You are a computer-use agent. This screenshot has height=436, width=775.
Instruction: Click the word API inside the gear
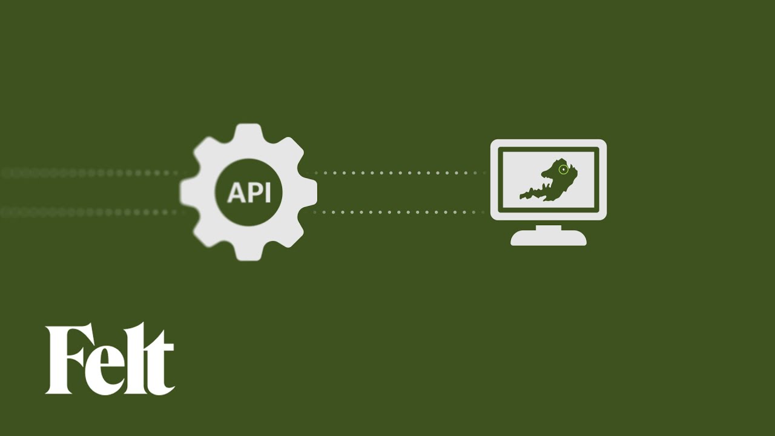pyautogui.click(x=248, y=193)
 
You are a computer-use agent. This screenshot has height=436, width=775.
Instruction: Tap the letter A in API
pyautogui.click(x=235, y=193)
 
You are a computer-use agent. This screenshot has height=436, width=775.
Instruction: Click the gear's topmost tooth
pyautogui.click(x=248, y=131)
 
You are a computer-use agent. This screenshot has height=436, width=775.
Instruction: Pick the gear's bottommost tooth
pyautogui.click(x=248, y=253)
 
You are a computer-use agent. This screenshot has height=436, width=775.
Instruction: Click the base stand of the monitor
pyautogui.click(x=549, y=239)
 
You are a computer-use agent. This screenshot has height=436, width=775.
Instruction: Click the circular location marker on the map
pyautogui.click(x=564, y=170)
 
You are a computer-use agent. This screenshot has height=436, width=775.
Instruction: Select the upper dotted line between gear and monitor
pyautogui.click(x=400, y=173)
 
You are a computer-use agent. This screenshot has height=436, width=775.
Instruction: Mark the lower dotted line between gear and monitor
pyautogui.click(x=400, y=213)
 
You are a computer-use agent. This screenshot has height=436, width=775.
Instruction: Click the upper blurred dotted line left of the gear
pyautogui.click(x=91, y=173)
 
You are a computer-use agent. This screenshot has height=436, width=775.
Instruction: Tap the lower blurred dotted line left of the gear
pyautogui.click(x=91, y=213)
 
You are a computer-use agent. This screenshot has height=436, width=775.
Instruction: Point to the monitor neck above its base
pyautogui.click(x=549, y=227)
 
